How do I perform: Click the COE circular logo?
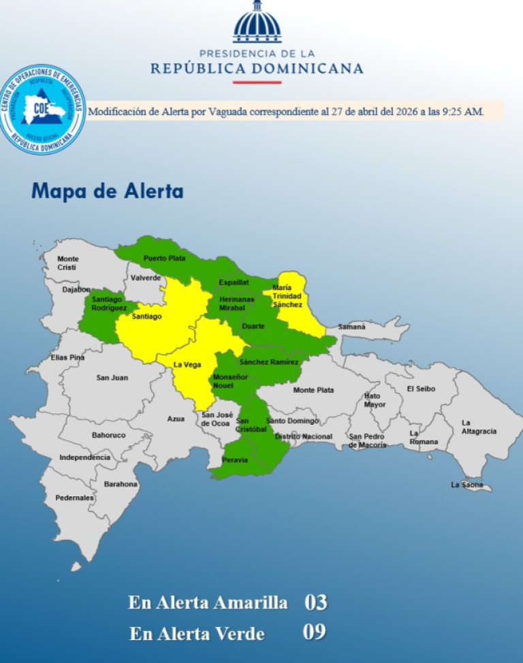[43, 109]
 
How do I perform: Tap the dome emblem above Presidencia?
[257, 22]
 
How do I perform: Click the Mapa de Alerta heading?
[108, 191]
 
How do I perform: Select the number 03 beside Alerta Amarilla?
[315, 602]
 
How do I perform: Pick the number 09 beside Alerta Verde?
[315, 632]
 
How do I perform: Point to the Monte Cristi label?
[68, 263]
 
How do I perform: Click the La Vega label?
[187, 365]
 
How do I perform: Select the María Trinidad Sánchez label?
[287, 296]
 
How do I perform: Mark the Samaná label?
[352, 327]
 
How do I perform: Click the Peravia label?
[235, 460]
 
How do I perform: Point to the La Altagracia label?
[478, 427]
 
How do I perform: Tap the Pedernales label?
[75, 498]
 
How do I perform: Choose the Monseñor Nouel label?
[227, 381]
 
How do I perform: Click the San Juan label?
[112, 378]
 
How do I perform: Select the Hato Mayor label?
[375, 400]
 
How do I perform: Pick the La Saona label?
[466, 485]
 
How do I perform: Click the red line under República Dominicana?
[257, 82]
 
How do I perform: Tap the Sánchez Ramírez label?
[269, 362]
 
